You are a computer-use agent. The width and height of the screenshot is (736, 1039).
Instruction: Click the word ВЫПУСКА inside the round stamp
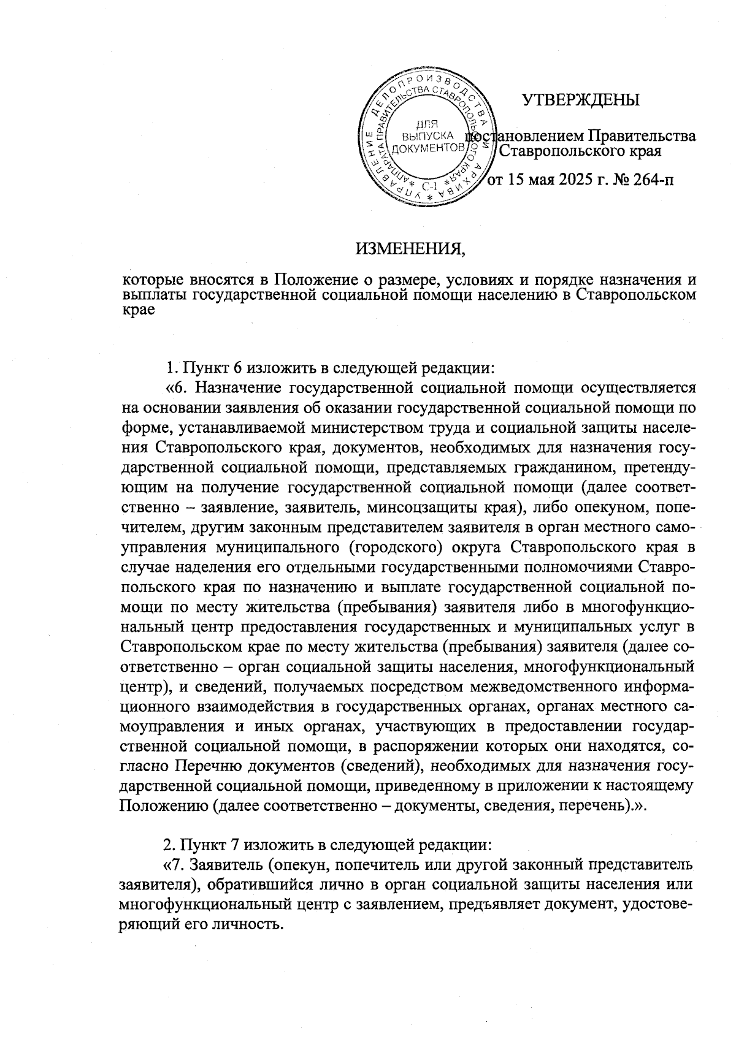point(429,136)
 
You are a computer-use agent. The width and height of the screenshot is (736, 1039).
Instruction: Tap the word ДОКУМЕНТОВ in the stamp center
point(427,148)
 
